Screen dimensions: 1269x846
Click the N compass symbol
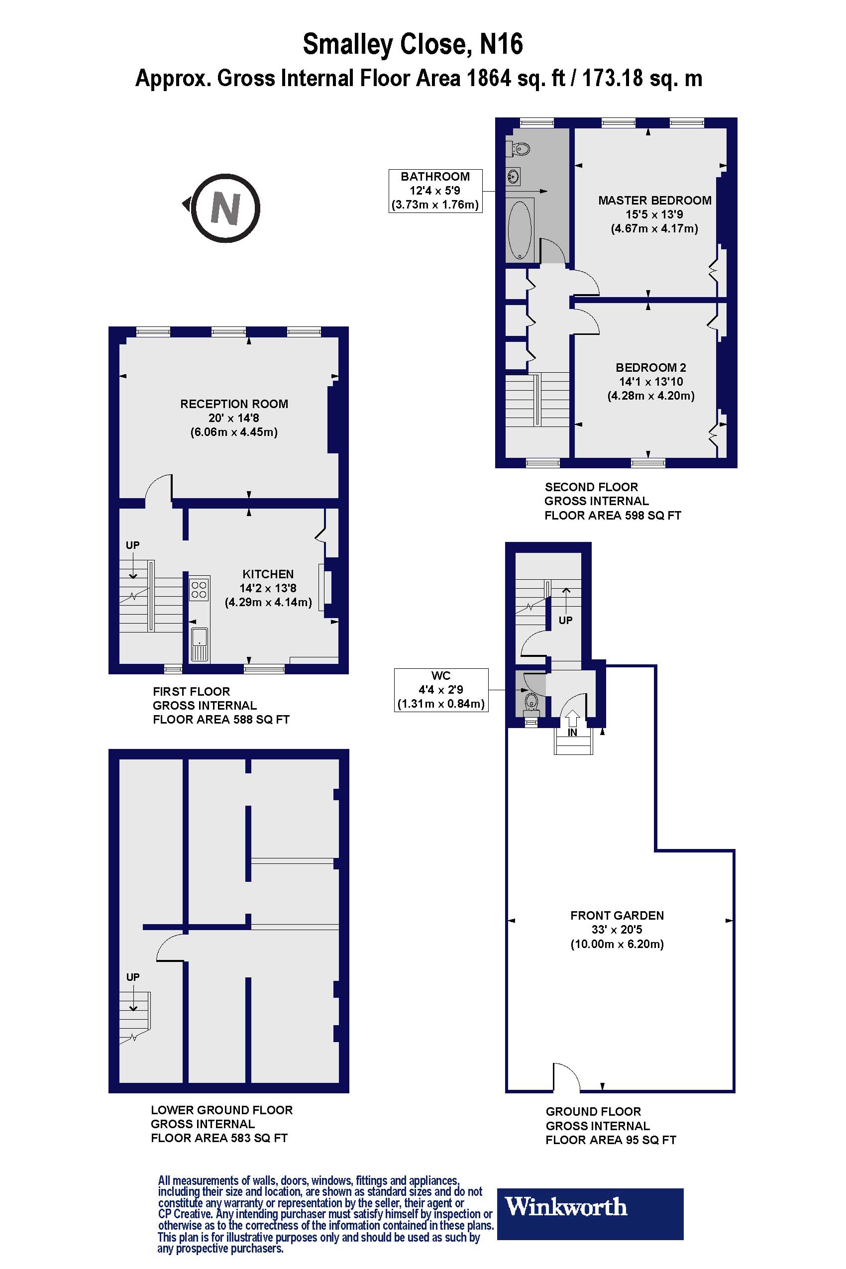pos(225,208)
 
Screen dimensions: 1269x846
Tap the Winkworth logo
pos(589,1206)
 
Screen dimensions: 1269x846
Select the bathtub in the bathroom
pos(520,230)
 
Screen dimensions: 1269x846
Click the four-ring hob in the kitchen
pos(199,589)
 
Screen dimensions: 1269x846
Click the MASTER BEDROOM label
pos(654,200)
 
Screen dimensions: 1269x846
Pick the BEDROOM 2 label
pos(651,367)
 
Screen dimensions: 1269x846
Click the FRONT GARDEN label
pos(617,915)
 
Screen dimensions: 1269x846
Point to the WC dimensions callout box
pos(441,690)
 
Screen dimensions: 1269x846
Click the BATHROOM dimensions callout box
pos(435,191)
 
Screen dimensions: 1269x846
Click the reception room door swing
pos(159,486)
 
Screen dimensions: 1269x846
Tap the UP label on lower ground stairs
pos(133,976)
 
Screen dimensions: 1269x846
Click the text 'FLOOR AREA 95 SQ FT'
pos(610,1140)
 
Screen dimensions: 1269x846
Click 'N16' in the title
pos(501,44)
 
